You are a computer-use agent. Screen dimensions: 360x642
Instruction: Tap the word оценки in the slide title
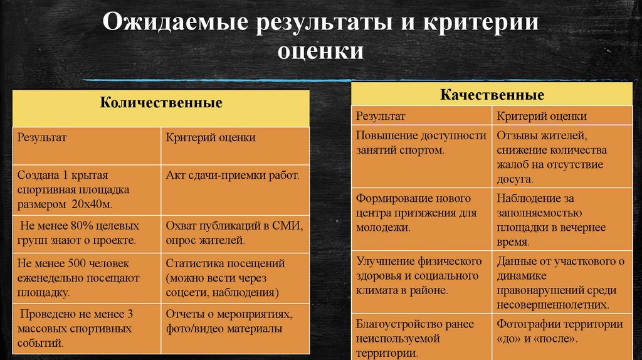(x=320, y=50)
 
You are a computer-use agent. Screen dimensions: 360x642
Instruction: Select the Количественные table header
(x=161, y=103)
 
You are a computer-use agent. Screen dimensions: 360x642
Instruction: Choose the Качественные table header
(x=492, y=95)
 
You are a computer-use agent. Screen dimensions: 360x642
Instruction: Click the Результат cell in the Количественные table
(x=42, y=137)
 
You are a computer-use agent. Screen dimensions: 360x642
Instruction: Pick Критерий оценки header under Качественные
(x=542, y=116)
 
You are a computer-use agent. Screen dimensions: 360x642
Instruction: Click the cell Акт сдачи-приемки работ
(x=233, y=175)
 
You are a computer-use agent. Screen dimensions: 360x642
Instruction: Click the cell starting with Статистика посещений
(x=226, y=278)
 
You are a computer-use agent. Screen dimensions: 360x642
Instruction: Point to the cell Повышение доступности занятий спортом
(x=421, y=143)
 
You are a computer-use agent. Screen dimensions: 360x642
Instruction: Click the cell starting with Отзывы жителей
(x=552, y=157)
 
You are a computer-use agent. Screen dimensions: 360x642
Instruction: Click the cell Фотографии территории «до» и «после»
(x=560, y=332)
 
